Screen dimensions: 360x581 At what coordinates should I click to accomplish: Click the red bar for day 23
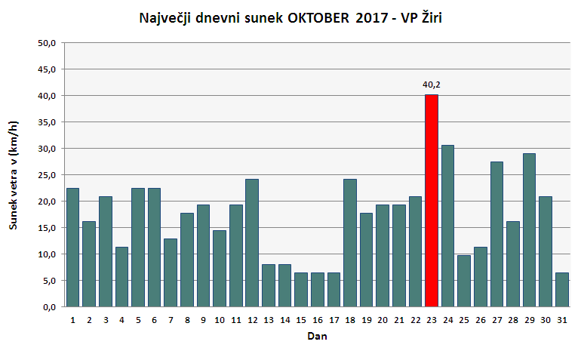click(x=431, y=200)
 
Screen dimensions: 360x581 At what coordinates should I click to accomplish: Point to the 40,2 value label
click(x=431, y=85)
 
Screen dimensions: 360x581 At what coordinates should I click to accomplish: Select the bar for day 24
click(x=447, y=226)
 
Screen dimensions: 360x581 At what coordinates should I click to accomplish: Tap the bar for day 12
click(x=252, y=242)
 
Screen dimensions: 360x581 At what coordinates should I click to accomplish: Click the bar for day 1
click(x=72, y=247)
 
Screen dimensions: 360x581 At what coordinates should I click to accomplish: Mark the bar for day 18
click(x=350, y=242)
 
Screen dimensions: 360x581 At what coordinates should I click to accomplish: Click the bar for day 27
click(x=496, y=234)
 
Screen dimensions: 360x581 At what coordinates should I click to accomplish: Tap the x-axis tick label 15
click(x=300, y=319)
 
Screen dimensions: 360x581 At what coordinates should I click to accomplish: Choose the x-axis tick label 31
click(x=561, y=319)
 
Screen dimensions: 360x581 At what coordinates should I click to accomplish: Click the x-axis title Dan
click(x=317, y=337)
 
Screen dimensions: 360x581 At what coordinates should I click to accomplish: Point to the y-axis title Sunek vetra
click(x=13, y=174)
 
